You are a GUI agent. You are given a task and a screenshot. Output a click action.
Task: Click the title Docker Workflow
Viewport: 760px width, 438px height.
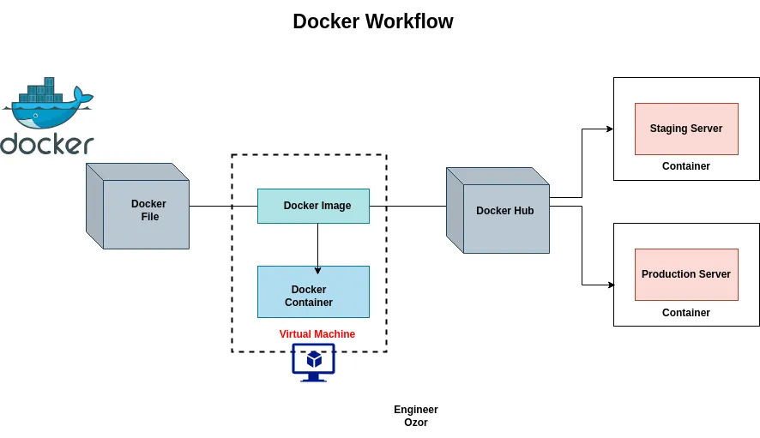tap(372, 21)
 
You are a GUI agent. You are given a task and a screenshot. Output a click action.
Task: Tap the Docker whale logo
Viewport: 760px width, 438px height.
tap(47, 104)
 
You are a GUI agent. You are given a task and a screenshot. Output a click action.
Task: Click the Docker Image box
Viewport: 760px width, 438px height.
tap(313, 206)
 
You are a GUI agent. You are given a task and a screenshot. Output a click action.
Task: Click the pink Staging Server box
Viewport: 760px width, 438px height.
tap(685, 129)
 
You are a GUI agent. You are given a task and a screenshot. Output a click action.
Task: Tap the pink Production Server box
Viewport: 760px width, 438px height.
tap(685, 274)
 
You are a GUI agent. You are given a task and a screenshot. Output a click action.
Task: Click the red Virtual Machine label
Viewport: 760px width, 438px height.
tap(317, 334)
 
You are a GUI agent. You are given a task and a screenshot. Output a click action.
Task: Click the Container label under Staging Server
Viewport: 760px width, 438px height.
tap(685, 166)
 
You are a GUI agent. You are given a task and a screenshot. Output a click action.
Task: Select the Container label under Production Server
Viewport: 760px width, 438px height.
tap(685, 313)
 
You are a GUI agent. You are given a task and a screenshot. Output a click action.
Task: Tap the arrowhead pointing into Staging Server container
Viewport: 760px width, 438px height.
tap(609, 129)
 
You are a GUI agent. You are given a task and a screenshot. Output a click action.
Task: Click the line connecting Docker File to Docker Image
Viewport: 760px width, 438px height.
tap(223, 206)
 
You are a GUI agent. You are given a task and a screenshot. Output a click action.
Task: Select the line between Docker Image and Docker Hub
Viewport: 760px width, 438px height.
tap(407, 206)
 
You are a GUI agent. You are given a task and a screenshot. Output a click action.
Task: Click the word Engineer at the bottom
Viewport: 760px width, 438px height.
tap(415, 410)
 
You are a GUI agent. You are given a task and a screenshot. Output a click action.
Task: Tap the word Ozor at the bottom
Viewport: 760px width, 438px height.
tap(415, 423)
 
